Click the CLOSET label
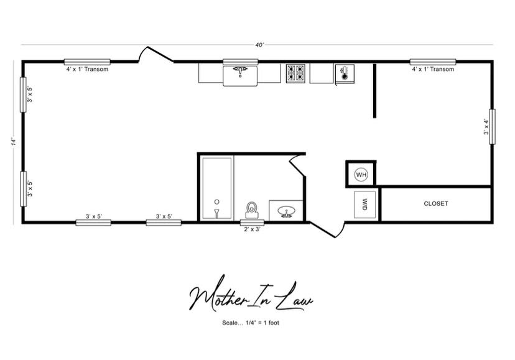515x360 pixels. coord(435,204)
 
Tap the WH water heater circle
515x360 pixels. coord(361,175)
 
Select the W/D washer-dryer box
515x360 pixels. coord(364,205)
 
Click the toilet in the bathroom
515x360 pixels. coord(252,210)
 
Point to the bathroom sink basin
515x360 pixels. coord(286,211)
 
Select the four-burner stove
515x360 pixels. coord(295,73)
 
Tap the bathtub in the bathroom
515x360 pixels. coord(217,188)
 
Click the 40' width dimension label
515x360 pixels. coord(259,45)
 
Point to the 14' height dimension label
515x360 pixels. coord(14,142)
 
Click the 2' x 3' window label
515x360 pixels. coord(252,229)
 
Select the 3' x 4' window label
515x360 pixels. coord(486,127)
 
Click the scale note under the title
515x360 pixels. coord(251,323)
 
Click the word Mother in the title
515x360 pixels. coord(218,295)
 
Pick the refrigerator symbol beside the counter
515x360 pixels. coord(345,73)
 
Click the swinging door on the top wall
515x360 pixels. coord(155,55)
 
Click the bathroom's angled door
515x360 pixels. coord(297,166)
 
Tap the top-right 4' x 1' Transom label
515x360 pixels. coord(433,69)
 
